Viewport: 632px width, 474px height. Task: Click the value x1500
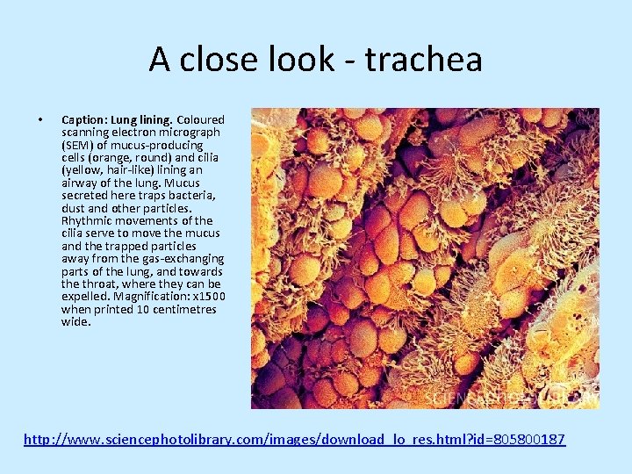click(x=208, y=297)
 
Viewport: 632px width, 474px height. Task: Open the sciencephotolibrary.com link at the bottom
click(x=294, y=438)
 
